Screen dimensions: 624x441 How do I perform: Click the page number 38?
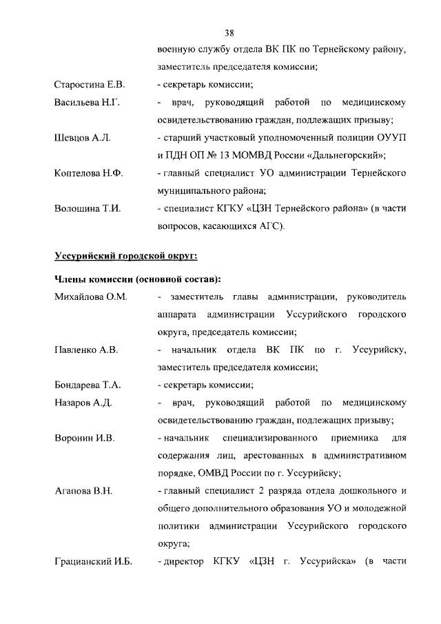(230, 32)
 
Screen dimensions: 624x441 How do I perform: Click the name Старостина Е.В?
(89, 85)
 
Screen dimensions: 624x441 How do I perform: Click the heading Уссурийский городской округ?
(126, 256)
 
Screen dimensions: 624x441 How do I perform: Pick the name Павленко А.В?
(86, 350)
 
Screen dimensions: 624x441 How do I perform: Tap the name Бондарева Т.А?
(88, 385)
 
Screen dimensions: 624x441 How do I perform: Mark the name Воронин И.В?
(84, 439)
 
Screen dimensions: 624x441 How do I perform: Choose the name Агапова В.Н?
(83, 492)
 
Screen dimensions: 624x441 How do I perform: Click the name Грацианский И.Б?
(93, 563)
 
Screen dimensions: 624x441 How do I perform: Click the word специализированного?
(270, 439)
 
